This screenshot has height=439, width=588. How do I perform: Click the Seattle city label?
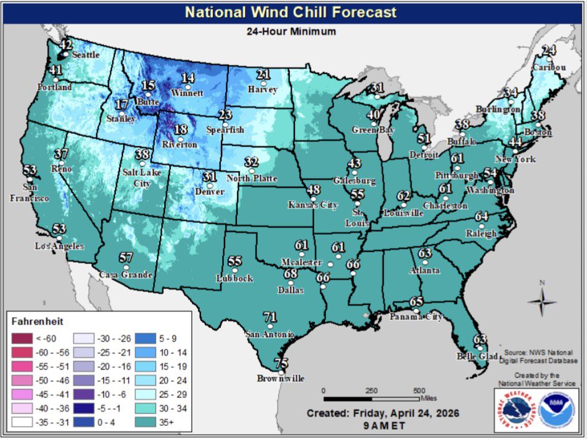pyautogui.click(x=86, y=55)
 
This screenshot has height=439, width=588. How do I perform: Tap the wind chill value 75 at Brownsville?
pyautogui.click(x=281, y=364)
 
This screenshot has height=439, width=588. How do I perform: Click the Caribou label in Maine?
pyautogui.click(x=549, y=67)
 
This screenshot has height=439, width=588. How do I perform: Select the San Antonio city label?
pyautogui.click(x=269, y=334)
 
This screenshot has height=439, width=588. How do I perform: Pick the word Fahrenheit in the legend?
pyautogui.click(x=35, y=323)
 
